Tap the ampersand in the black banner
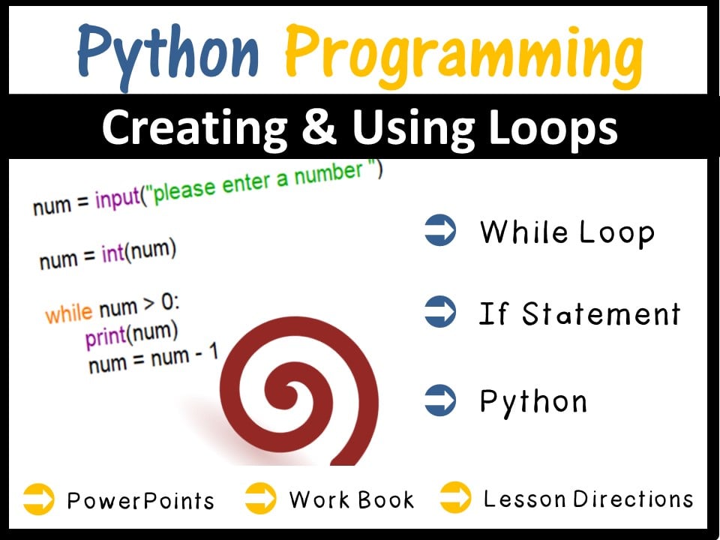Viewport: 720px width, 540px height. point(319,128)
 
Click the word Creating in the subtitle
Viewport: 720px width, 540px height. point(194,128)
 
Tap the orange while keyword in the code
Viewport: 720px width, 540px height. point(68,312)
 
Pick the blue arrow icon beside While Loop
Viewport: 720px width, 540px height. point(440,231)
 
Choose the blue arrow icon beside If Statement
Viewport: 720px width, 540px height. point(440,313)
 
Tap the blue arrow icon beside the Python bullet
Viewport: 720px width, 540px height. point(440,400)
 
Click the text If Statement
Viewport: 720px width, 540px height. point(579,313)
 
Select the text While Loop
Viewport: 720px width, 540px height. point(567,232)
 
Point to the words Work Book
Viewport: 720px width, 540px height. point(351,499)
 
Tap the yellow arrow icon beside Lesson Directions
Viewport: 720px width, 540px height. point(455,498)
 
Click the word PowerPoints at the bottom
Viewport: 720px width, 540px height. point(140,500)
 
